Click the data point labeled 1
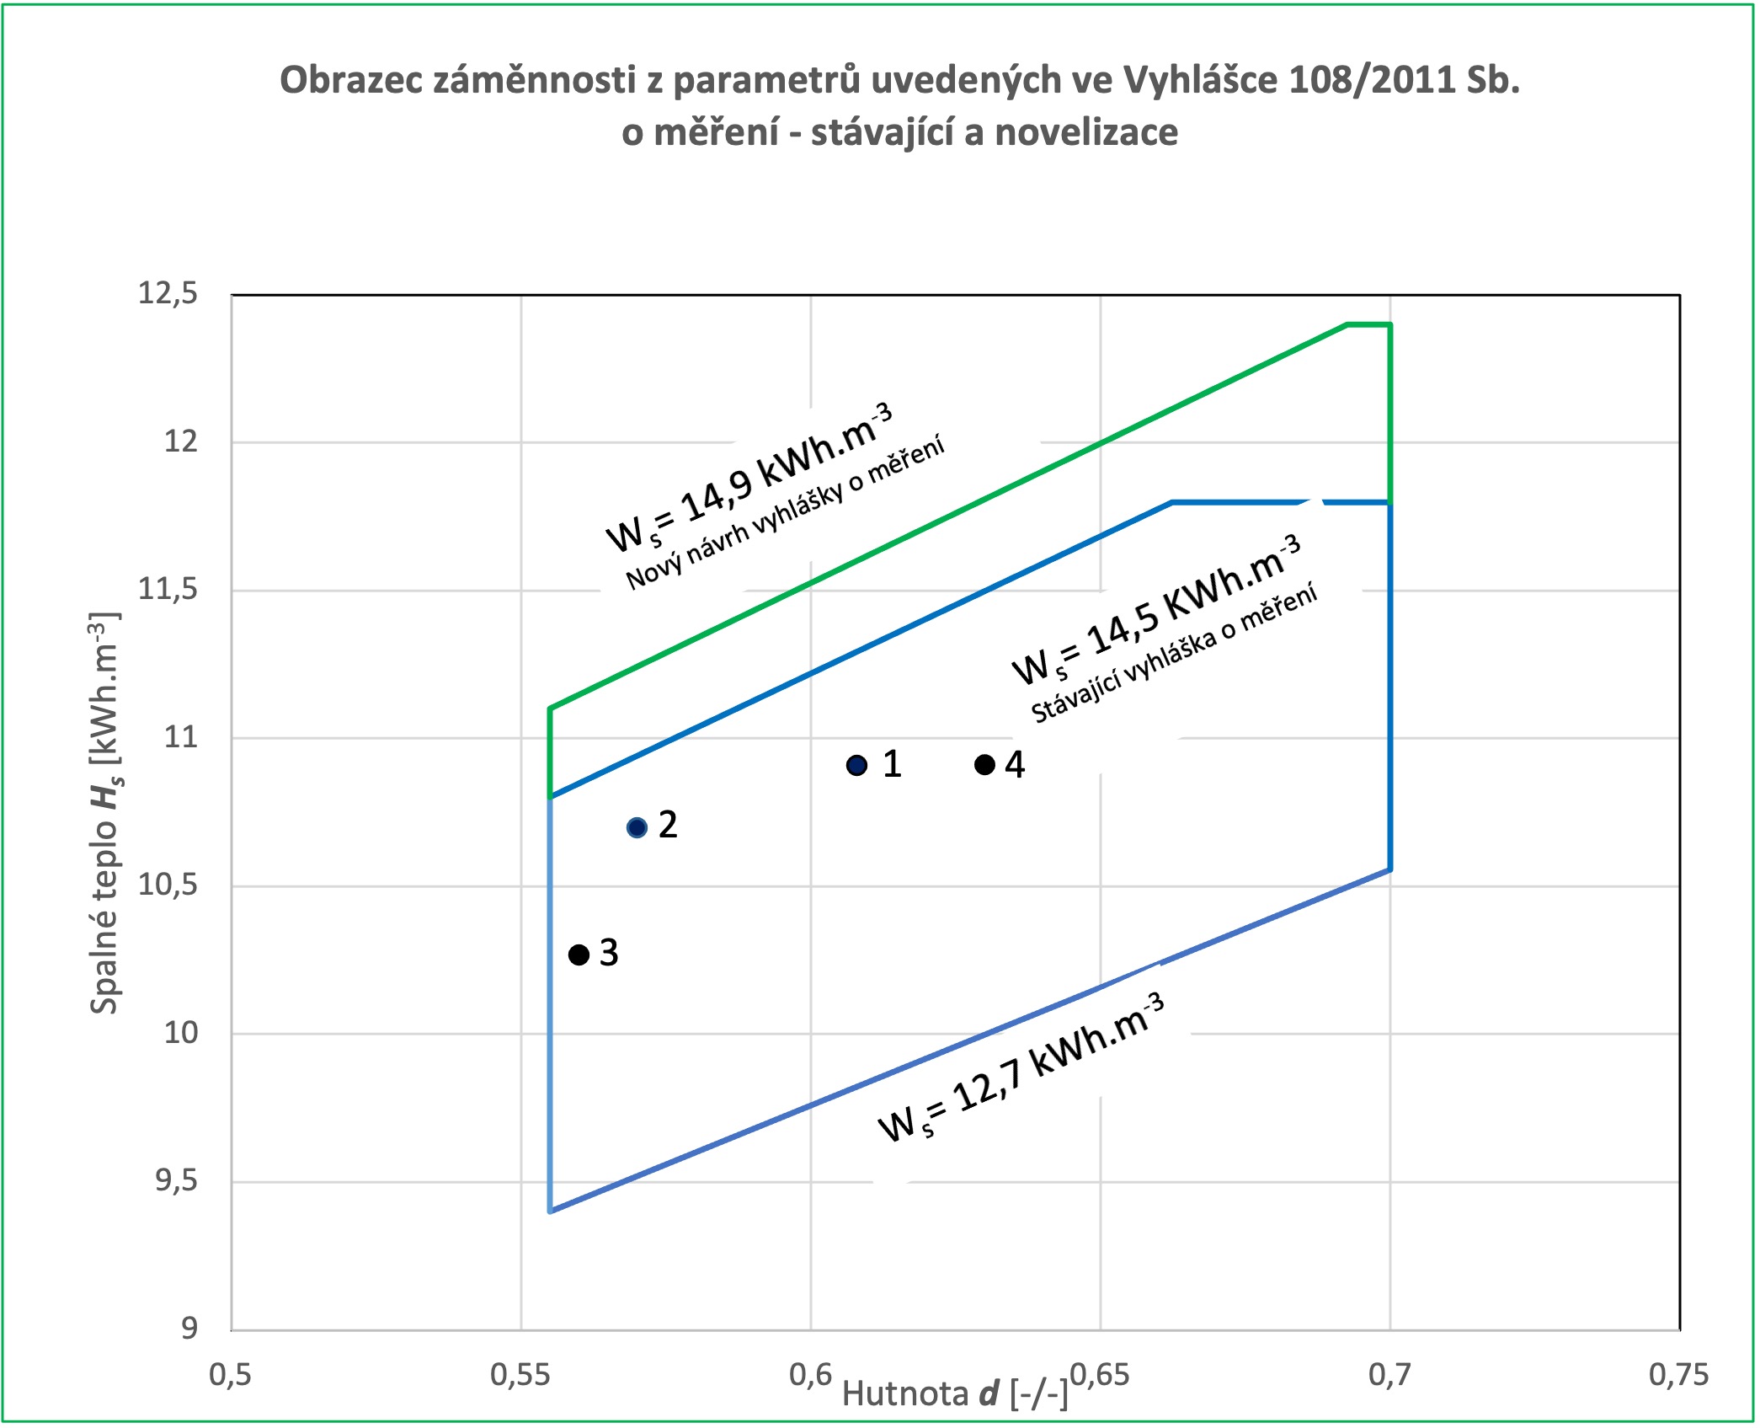click(x=856, y=765)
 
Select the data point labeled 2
click(x=637, y=827)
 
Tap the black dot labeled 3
click(x=579, y=955)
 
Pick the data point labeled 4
click(x=984, y=765)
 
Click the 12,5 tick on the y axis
click(x=168, y=294)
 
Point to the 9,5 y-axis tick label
click(x=176, y=1181)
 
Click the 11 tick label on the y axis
click(x=180, y=738)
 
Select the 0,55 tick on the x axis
click(x=520, y=1375)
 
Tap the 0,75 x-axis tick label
click(x=1678, y=1375)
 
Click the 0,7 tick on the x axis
click(x=1389, y=1375)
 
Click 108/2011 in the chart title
click(x=1370, y=80)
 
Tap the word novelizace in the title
click(x=1086, y=132)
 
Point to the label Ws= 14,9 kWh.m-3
click(x=749, y=478)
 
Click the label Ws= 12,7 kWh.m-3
click(x=1021, y=1067)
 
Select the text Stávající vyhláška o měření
click(x=1174, y=653)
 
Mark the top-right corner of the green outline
click(x=1390, y=324)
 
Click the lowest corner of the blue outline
click(x=550, y=1211)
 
